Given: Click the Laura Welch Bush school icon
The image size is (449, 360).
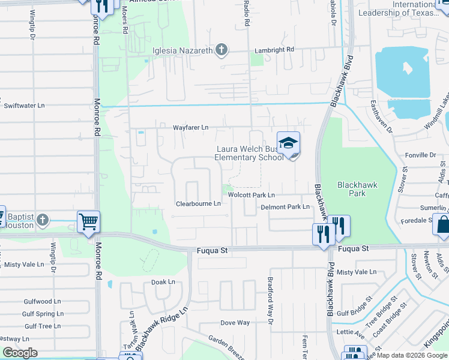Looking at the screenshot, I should tap(289, 145).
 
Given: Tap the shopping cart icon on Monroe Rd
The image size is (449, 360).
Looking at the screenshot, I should tap(88, 221).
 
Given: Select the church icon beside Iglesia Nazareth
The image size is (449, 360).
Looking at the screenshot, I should tap(221, 50).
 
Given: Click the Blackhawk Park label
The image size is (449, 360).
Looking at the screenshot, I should tap(357, 189).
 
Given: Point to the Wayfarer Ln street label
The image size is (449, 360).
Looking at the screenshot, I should tap(190, 127).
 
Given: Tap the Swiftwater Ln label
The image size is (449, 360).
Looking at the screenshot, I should tap(25, 105).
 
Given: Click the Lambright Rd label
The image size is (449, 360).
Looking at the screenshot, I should tap(274, 50).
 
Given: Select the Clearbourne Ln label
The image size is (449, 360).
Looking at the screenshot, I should tap(198, 204).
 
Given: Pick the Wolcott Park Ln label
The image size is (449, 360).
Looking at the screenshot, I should tap(252, 195).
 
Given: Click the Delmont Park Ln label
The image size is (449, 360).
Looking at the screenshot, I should tap(285, 207).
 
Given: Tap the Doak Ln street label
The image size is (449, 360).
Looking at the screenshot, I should tap(163, 281).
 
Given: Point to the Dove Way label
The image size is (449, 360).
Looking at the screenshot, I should tap(235, 323).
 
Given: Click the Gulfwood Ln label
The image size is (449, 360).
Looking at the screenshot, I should tap(43, 302).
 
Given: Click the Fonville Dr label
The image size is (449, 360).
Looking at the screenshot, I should tap(421, 155).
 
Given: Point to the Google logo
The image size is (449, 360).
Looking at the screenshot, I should tap(20, 353).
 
